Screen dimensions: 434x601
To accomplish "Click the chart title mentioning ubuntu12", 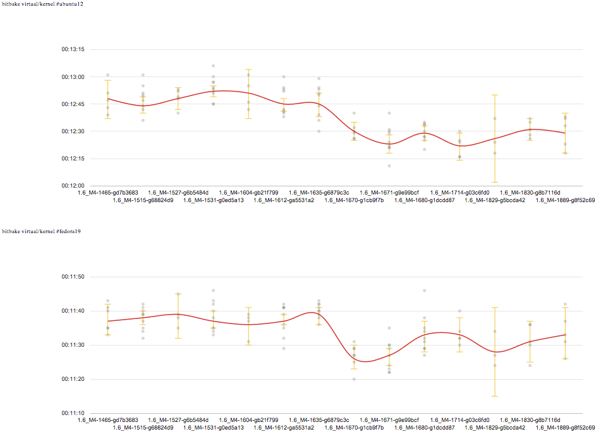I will click(x=42, y=4).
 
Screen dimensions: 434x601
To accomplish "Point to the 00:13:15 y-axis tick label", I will click(x=73, y=49).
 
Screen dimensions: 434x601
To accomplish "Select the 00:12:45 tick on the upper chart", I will click(x=73, y=104).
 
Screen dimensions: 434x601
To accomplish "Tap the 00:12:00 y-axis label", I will click(x=73, y=186).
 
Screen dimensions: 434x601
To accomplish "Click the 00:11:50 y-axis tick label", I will click(x=73, y=277).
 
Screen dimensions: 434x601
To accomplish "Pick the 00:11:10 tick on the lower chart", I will click(x=73, y=413).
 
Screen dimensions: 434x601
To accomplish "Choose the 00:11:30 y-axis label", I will click(x=73, y=345).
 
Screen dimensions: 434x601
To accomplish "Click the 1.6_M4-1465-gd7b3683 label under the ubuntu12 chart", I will click(x=107, y=192).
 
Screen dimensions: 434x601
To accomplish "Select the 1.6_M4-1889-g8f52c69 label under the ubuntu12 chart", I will click(x=565, y=200).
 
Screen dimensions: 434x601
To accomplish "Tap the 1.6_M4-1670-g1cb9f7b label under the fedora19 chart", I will click(x=354, y=428).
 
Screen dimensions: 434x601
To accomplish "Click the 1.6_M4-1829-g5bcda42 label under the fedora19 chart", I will click(x=495, y=428).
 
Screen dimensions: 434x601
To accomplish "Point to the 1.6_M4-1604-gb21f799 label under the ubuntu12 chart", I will click(x=248, y=192).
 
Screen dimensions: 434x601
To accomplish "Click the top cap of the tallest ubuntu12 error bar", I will click(x=495, y=95).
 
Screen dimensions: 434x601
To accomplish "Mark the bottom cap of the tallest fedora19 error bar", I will click(x=495, y=396).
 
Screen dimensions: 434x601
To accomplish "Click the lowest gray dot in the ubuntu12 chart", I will click(x=389, y=166).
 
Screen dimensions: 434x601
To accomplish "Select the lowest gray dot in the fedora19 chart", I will click(x=354, y=379).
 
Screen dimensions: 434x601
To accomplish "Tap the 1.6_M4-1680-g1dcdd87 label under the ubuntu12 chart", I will click(x=425, y=200).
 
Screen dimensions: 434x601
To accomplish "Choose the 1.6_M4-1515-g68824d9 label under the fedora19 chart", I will click(x=143, y=428).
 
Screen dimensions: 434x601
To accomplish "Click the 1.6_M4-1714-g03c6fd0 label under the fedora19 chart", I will click(x=459, y=419).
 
